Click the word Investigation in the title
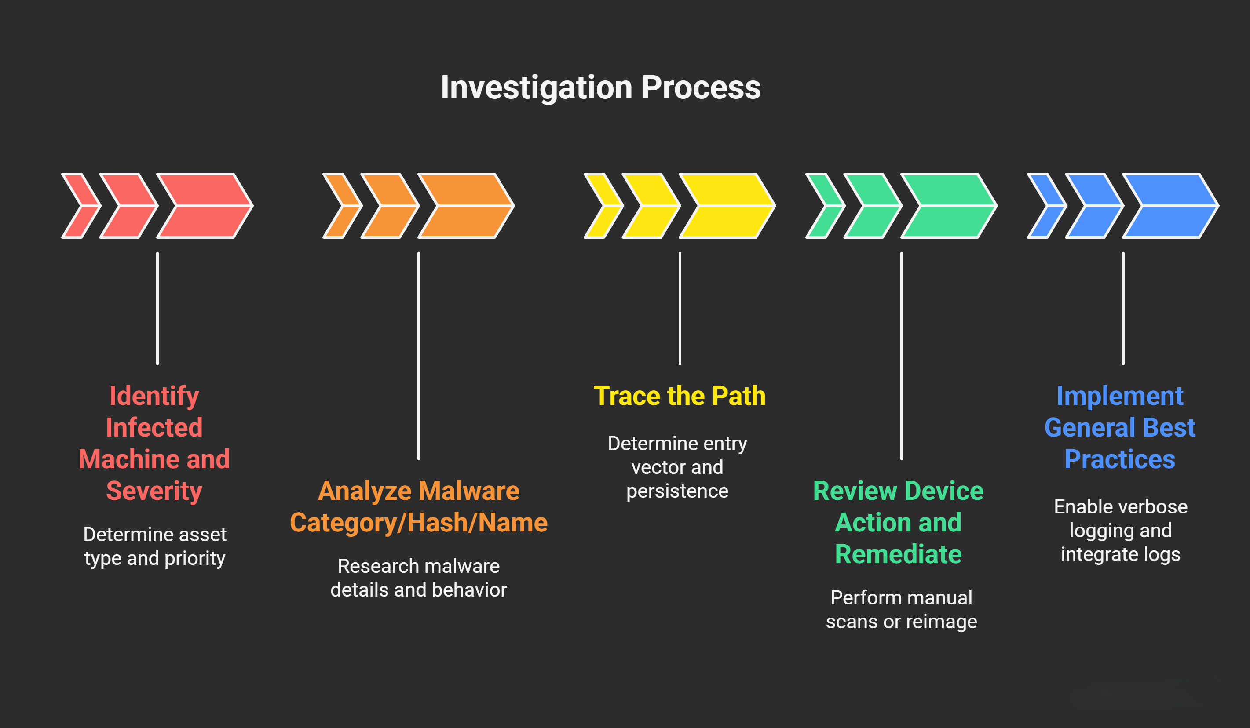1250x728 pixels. pos(536,88)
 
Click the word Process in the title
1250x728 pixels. pos(701,88)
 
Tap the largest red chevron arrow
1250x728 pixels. pos(205,205)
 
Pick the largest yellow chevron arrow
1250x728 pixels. pos(727,205)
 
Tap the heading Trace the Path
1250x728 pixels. pos(680,396)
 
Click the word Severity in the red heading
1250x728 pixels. pos(154,491)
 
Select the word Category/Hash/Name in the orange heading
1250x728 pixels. pos(419,522)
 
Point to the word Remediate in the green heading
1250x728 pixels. pos(898,554)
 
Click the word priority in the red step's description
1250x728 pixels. pos(195,558)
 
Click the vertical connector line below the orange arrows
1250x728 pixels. pos(419,356)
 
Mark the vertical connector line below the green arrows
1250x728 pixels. pos(901,356)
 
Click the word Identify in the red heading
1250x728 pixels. pos(154,396)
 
